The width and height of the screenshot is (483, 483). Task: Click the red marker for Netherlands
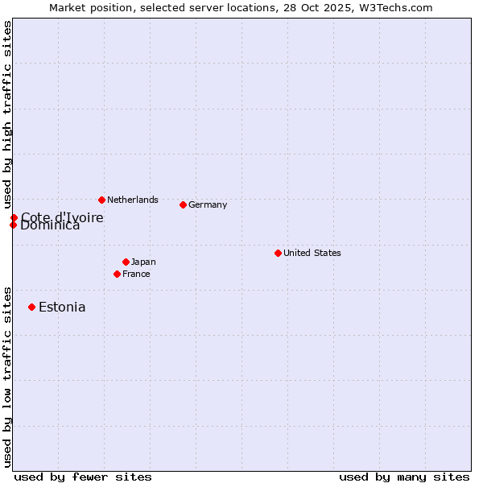point(101,200)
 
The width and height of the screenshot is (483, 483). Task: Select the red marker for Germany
point(183,204)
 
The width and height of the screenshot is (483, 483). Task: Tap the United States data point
point(278,253)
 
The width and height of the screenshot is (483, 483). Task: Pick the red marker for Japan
point(126,262)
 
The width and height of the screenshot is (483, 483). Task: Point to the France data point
point(117,274)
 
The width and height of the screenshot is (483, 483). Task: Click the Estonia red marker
point(31,307)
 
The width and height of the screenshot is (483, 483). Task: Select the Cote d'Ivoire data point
point(14,217)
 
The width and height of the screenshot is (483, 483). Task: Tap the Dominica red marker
point(13,225)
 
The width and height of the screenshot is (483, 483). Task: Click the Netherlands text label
point(133,200)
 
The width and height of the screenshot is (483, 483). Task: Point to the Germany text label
point(208,204)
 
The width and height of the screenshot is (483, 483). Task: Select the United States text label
point(312,253)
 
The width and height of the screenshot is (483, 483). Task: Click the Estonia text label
point(62,307)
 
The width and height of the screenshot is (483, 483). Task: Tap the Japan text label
point(143,262)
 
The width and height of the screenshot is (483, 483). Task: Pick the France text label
point(136,274)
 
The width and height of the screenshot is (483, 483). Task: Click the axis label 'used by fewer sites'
point(83,477)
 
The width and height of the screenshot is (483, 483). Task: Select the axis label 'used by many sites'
point(404,477)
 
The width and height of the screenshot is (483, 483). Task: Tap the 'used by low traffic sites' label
point(7,376)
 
